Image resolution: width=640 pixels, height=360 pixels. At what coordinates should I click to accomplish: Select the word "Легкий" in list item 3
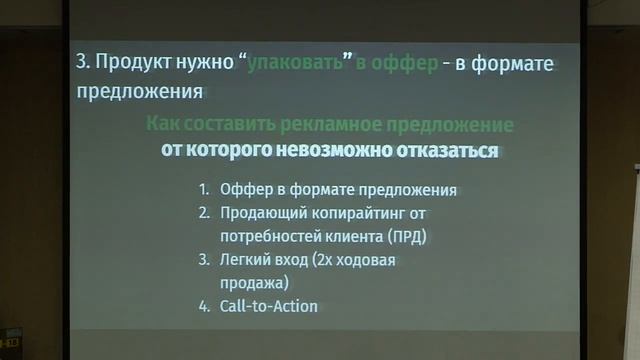[246, 260]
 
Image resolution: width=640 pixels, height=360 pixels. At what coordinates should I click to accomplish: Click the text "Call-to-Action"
[268, 306]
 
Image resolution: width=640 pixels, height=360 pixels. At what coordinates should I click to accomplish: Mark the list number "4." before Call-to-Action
[204, 306]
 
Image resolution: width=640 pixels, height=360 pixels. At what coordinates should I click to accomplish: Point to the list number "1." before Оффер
[204, 189]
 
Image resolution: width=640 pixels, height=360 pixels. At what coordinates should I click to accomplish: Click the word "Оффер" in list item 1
[243, 189]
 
